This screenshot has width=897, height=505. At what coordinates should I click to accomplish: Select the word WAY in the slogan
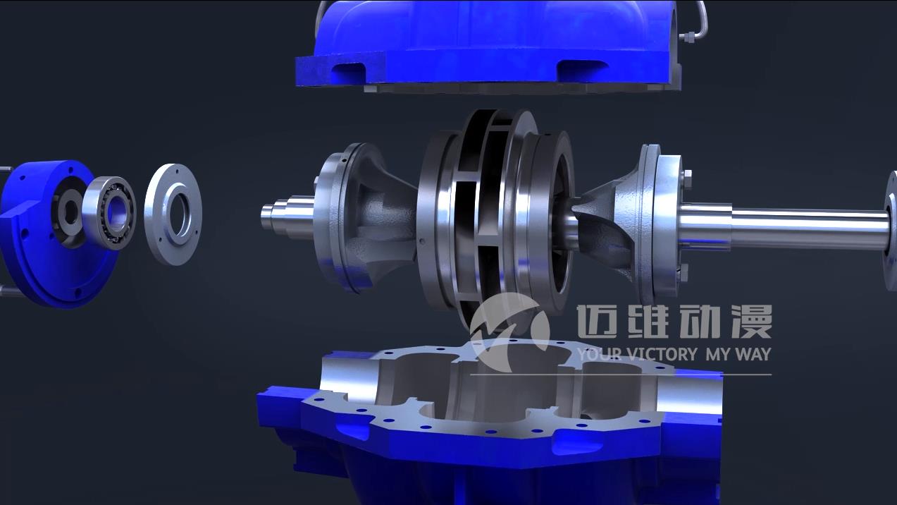(x=753, y=354)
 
